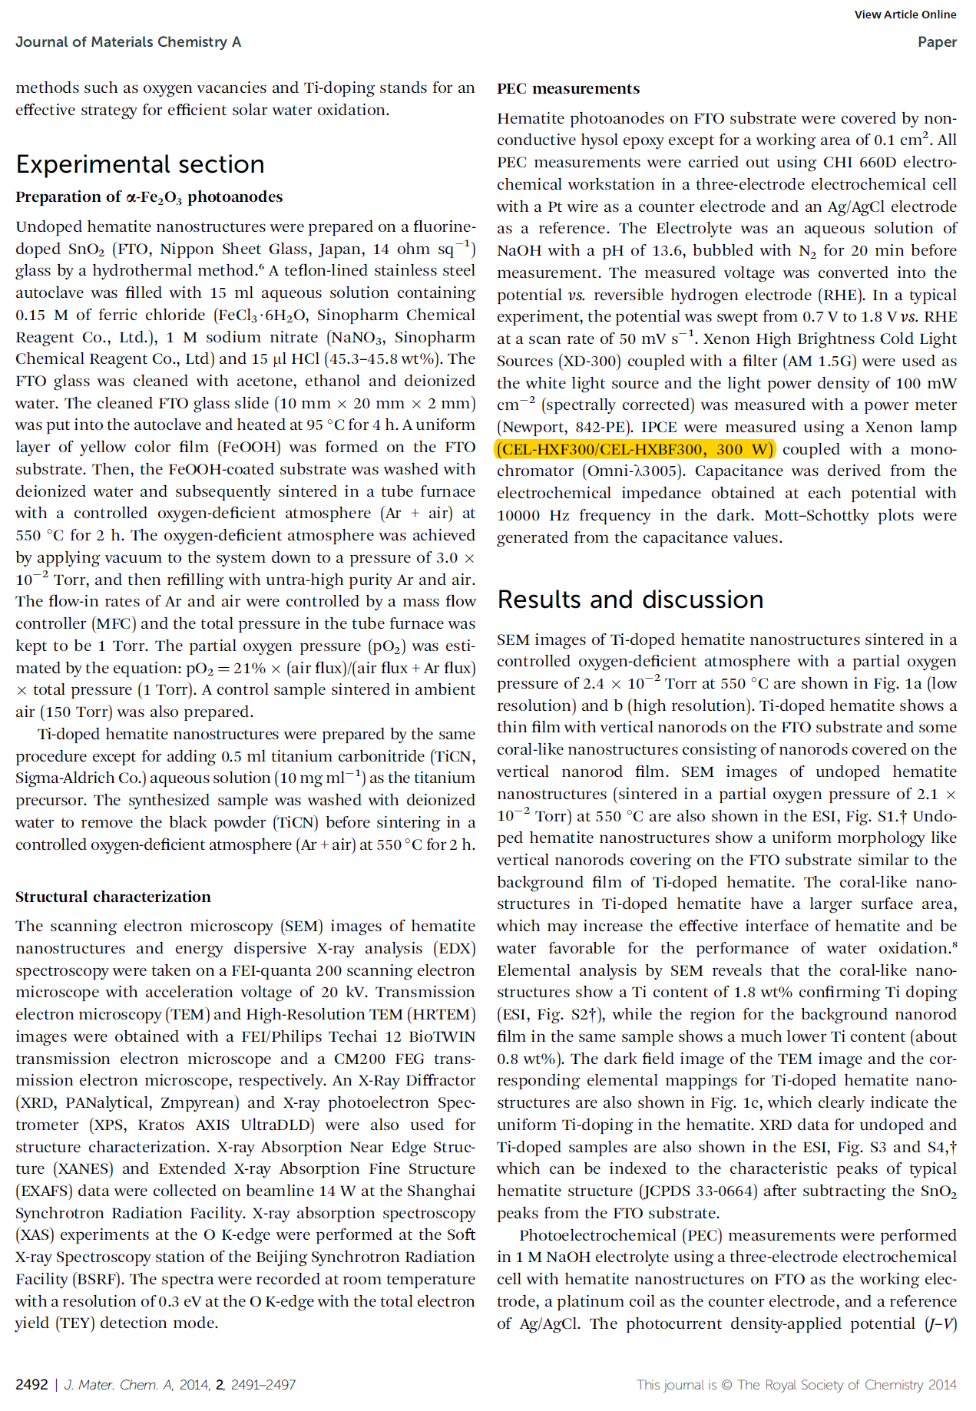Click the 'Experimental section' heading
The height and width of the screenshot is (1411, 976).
tap(140, 164)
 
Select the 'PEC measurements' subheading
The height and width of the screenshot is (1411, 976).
tap(567, 88)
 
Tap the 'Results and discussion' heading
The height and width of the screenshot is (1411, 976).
tap(630, 599)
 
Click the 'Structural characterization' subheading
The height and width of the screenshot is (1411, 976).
tap(113, 897)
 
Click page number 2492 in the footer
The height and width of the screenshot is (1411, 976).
tap(31, 1384)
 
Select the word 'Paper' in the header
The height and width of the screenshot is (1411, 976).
tap(937, 42)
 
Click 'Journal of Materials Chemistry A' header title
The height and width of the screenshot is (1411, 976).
tap(128, 42)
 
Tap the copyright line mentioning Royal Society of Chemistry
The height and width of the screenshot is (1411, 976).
tap(796, 1384)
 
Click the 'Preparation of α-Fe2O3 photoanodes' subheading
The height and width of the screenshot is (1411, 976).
tap(149, 197)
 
